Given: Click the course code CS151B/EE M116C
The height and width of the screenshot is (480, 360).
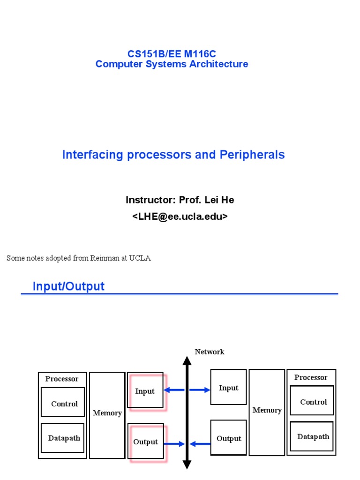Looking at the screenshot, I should tap(172, 54).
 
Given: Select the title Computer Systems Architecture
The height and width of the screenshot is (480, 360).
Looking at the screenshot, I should tap(172, 64).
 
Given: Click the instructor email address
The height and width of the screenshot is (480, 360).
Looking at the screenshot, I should tap(180, 217).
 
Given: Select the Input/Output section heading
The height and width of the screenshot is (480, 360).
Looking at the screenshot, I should tap(68, 286).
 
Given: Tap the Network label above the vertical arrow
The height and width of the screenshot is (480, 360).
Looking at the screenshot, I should tap(210, 352).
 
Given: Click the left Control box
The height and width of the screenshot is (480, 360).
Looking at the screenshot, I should tap(63, 402).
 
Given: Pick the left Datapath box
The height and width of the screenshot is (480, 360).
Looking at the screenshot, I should tap(63, 438).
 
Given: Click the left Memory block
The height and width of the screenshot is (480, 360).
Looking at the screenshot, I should tap(107, 415).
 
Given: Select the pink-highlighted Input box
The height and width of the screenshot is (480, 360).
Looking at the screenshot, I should tap(145, 391).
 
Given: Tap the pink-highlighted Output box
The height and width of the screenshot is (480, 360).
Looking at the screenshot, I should tap(146, 442).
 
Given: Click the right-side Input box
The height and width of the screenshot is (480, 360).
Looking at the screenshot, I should tap(228, 387).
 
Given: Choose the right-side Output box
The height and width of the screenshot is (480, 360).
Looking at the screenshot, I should tap(228, 438).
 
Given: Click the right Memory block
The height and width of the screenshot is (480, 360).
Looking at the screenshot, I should tap(267, 412).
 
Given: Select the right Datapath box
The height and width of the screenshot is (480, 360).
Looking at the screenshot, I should tap(312, 436).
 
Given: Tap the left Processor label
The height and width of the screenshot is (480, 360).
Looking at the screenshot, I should tap(62, 379).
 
